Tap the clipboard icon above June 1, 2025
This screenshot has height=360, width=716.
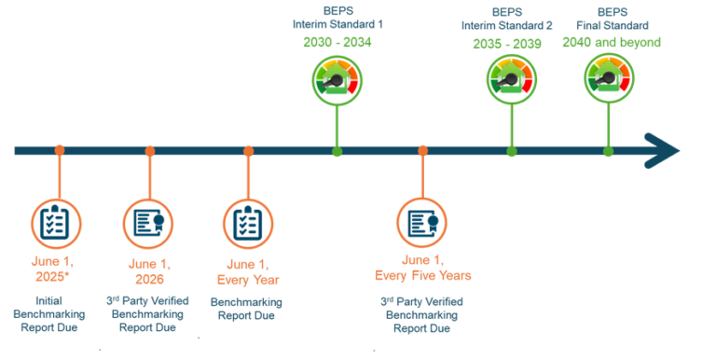(57, 222)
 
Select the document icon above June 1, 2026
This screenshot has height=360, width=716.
(148, 223)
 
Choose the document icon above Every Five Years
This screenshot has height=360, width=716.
(422, 223)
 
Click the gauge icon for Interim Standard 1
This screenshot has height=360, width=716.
(337, 80)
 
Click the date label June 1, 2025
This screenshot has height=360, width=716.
(57, 270)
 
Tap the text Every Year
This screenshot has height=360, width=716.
(248, 279)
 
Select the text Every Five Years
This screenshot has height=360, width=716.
(422, 275)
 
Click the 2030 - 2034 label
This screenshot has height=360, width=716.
(337, 42)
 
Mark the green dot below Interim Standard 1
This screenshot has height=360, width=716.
(337, 150)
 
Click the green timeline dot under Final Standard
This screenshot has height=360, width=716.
(609, 150)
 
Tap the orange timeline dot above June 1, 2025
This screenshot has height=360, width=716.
(60, 150)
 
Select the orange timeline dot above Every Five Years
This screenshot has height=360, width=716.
(422, 150)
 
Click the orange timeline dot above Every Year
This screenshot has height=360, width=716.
(248, 150)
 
